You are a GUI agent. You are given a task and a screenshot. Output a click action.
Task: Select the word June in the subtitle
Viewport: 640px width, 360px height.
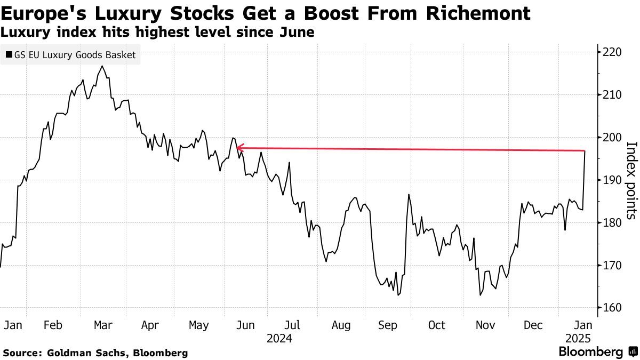[x=297, y=33]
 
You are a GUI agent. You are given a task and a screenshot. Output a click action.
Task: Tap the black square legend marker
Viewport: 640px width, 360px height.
[x=9, y=54]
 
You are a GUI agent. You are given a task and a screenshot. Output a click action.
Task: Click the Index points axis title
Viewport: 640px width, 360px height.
[x=630, y=180]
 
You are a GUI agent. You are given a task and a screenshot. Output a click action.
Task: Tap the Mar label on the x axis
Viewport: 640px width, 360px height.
[x=103, y=325]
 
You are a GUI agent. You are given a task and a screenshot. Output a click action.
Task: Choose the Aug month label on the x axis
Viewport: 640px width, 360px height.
[x=341, y=325]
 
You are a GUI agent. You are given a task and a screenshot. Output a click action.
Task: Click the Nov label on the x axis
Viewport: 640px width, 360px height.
[x=485, y=325]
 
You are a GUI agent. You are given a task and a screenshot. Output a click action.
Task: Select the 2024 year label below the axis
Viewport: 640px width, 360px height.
[x=279, y=338]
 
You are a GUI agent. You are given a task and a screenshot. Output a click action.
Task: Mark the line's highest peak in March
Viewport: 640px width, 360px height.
[x=102, y=66]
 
